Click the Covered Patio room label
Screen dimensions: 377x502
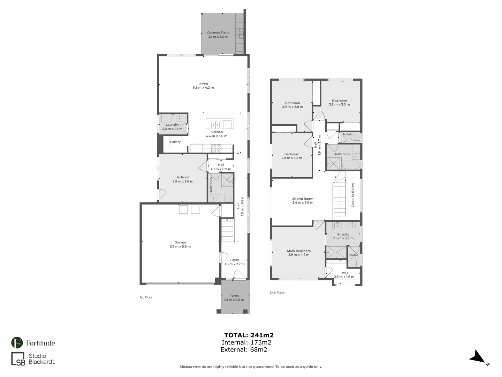pos(218,32)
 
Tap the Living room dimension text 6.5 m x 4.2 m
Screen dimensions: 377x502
pos(203,88)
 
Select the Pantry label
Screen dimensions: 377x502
pos(175,142)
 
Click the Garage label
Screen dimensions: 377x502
pos(180,242)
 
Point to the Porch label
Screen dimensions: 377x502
pos(234,296)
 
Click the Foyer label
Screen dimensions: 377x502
pos(235,260)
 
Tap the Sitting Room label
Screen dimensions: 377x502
pos(303,199)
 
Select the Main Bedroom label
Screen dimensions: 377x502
pos(299,251)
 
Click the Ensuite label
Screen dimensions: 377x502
pos(343,234)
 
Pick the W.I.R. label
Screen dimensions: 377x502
pos(345,273)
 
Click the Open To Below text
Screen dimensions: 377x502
pos(353,195)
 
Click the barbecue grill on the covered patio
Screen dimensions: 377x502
pos(239,33)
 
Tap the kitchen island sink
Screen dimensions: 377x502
pos(215,124)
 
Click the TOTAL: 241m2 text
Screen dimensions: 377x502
pos(249,335)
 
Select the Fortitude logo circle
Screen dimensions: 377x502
pos(17,343)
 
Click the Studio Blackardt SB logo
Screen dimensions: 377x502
pos(18,359)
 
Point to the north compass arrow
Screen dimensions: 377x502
pos(477,357)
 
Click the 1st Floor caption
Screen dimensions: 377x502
pos(146,297)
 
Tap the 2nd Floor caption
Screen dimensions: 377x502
pos(277,293)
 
